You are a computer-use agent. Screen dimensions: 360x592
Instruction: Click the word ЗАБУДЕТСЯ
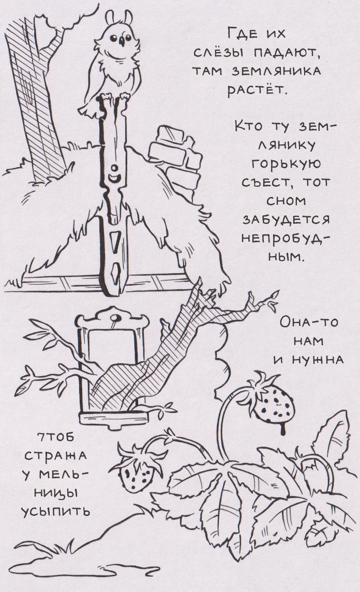tap(286, 220)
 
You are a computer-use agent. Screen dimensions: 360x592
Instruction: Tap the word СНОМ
tap(286, 201)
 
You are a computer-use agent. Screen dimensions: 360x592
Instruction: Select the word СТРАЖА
tap(55, 456)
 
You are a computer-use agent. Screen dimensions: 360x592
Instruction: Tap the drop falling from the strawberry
tap(283, 430)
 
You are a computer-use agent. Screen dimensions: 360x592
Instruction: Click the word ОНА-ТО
tap(309, 323)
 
